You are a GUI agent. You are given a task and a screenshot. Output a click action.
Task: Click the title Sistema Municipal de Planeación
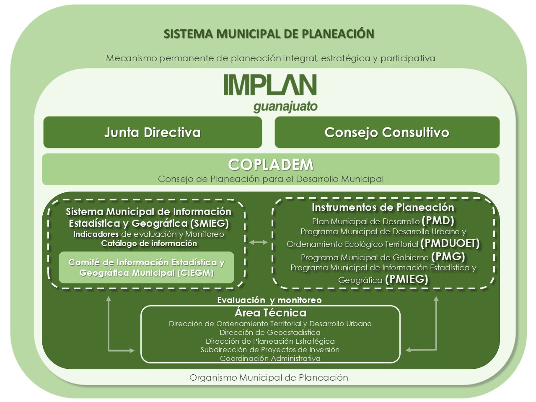[x=269, y=34]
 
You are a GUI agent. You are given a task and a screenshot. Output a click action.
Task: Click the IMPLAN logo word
[x=270, y=85]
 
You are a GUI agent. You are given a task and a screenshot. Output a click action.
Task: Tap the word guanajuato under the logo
[x=285, y=107]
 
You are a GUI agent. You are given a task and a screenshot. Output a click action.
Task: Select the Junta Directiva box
[x=153, y=132]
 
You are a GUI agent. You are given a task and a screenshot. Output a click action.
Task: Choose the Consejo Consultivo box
[x=387, y=132]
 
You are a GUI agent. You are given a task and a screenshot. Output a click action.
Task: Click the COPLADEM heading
[x=271, y=165]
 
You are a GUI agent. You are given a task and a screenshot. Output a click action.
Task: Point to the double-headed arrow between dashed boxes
[x=258, y=242]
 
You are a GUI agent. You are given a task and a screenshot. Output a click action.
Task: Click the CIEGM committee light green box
[x=146, y=267]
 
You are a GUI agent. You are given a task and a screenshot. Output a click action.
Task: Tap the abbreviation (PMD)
[x=438, y=220]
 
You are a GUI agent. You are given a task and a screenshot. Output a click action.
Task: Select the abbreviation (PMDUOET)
[x=450, y=243]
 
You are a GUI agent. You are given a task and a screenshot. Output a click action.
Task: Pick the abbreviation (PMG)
[x=448, y=257]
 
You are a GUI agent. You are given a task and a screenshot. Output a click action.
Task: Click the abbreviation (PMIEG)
[x=407, y=279]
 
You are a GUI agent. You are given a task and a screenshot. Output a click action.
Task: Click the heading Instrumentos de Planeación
[x=383, y=207]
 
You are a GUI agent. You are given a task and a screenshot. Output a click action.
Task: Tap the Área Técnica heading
[x=270, y=313]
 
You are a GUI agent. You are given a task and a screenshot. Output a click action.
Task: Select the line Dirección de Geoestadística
[x=270, y=332]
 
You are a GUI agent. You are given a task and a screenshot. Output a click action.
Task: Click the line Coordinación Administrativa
[x=270, y=358]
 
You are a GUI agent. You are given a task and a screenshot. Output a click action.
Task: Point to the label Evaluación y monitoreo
[x=269, y=300]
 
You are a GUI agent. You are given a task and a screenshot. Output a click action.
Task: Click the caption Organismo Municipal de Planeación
[x=269, y=378]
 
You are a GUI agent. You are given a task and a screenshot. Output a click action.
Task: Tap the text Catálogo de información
[x=149, y=244]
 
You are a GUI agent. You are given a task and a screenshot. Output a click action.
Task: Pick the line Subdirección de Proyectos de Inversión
[x=270, y=350]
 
